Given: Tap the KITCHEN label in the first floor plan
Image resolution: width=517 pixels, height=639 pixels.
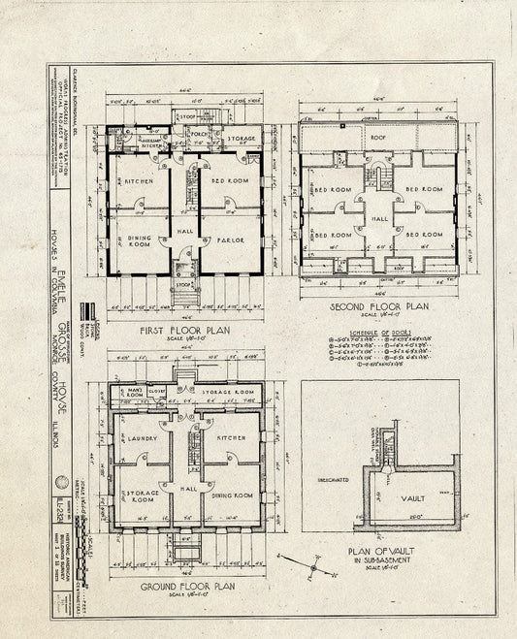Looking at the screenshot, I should (x=133, y=182).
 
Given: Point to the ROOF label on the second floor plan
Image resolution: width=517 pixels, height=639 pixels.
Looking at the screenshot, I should (x=377, y=138).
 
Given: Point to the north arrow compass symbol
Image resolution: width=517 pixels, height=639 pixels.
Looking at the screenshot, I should (x=300, y=562).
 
